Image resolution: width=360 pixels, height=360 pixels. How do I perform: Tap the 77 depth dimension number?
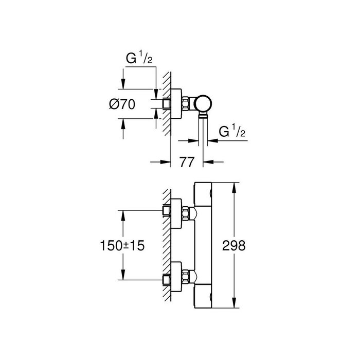tap(187, 162)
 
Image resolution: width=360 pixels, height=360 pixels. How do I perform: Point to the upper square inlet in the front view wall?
tap(166, 211)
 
